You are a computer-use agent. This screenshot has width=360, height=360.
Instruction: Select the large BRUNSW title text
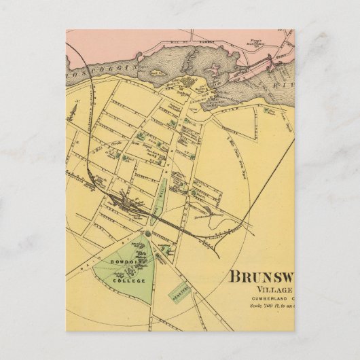point(261,278)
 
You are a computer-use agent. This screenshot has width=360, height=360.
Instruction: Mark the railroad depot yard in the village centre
point(126,202)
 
